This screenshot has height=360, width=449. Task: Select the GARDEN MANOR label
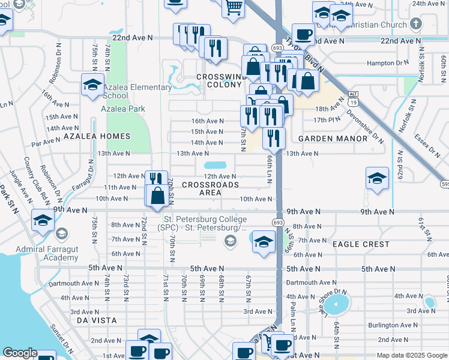pos(333,139)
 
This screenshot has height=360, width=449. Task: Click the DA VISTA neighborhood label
pos(96,321)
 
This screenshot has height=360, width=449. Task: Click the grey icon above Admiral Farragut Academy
pos(61,233)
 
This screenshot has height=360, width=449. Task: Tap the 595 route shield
pos(444,184)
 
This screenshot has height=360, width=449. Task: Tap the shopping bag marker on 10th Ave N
pos(157,196)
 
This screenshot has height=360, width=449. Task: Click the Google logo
pos(20,353)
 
